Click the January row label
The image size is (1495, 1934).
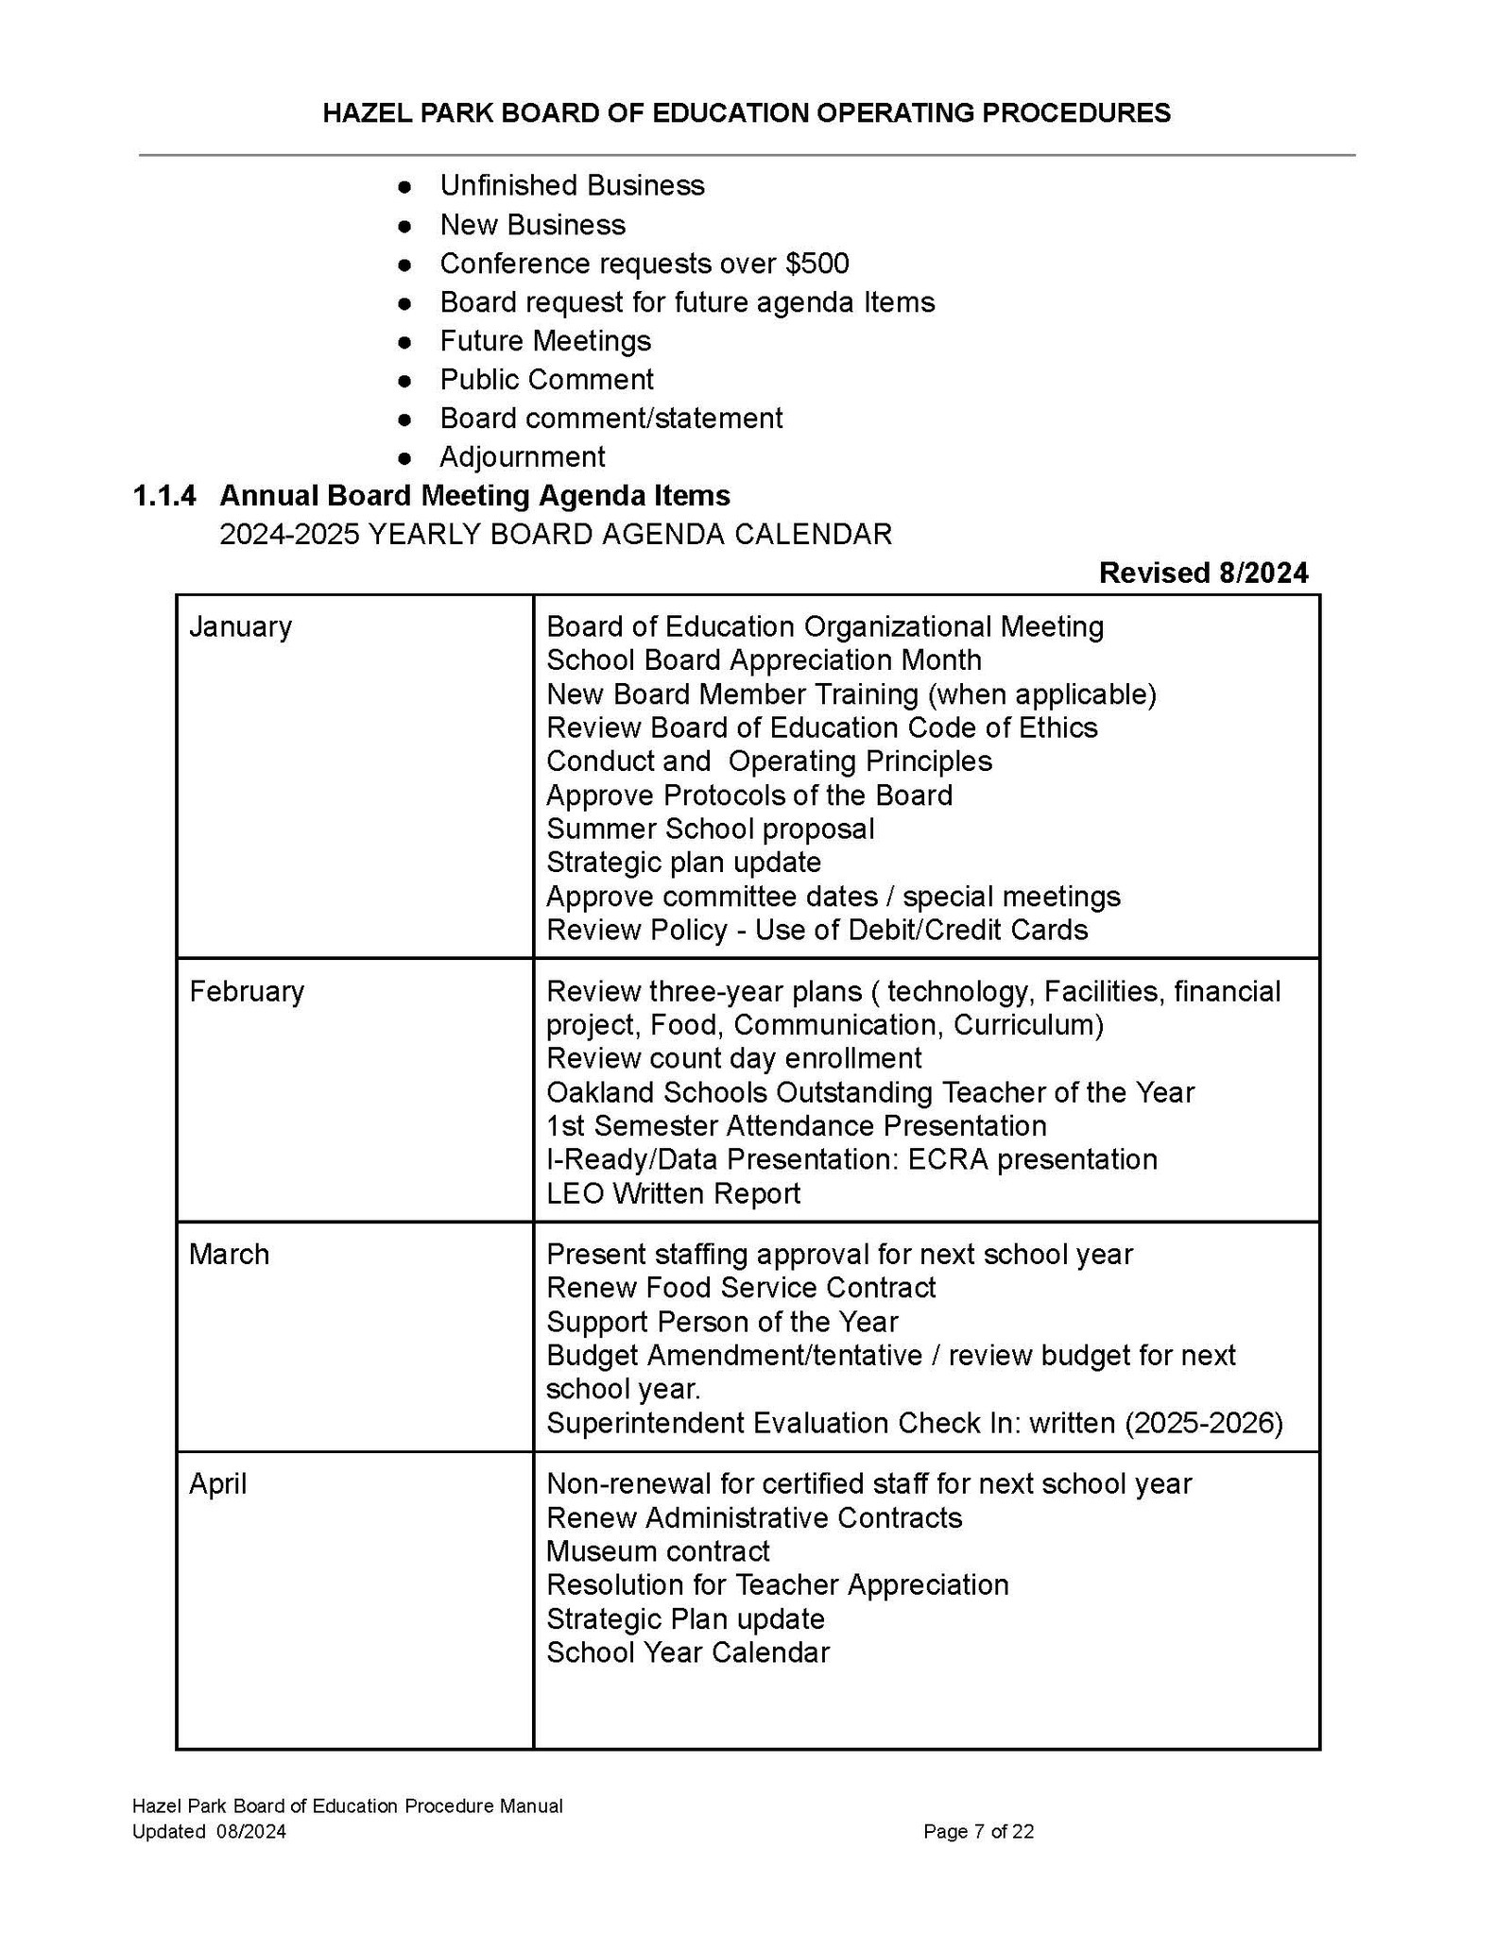coord(240,626)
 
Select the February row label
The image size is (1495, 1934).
coord(247,991)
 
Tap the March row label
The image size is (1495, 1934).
coord(229,1254)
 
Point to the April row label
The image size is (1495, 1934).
coord(217,1483)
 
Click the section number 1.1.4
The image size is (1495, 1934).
coord(165,495)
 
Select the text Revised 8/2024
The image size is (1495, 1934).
coord(1203,573)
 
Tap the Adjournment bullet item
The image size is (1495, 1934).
coord(522,456)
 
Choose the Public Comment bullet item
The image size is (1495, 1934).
coord(546,379)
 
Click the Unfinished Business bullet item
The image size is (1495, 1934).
coord(572,185)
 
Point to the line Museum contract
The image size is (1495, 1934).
coord(658,1551)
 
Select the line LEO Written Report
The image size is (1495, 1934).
coord(673,1193)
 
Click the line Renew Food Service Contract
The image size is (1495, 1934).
coord(741,1287)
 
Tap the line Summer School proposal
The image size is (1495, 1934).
coord(711,829)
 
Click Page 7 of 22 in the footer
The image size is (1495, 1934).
coord(978,1832)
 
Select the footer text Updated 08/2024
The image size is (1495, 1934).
coord(209,1832)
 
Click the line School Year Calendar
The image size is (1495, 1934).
coord(688,1652)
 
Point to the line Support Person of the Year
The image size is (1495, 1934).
coord(722,1321)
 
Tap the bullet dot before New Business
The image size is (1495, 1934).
coord(404,226)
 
